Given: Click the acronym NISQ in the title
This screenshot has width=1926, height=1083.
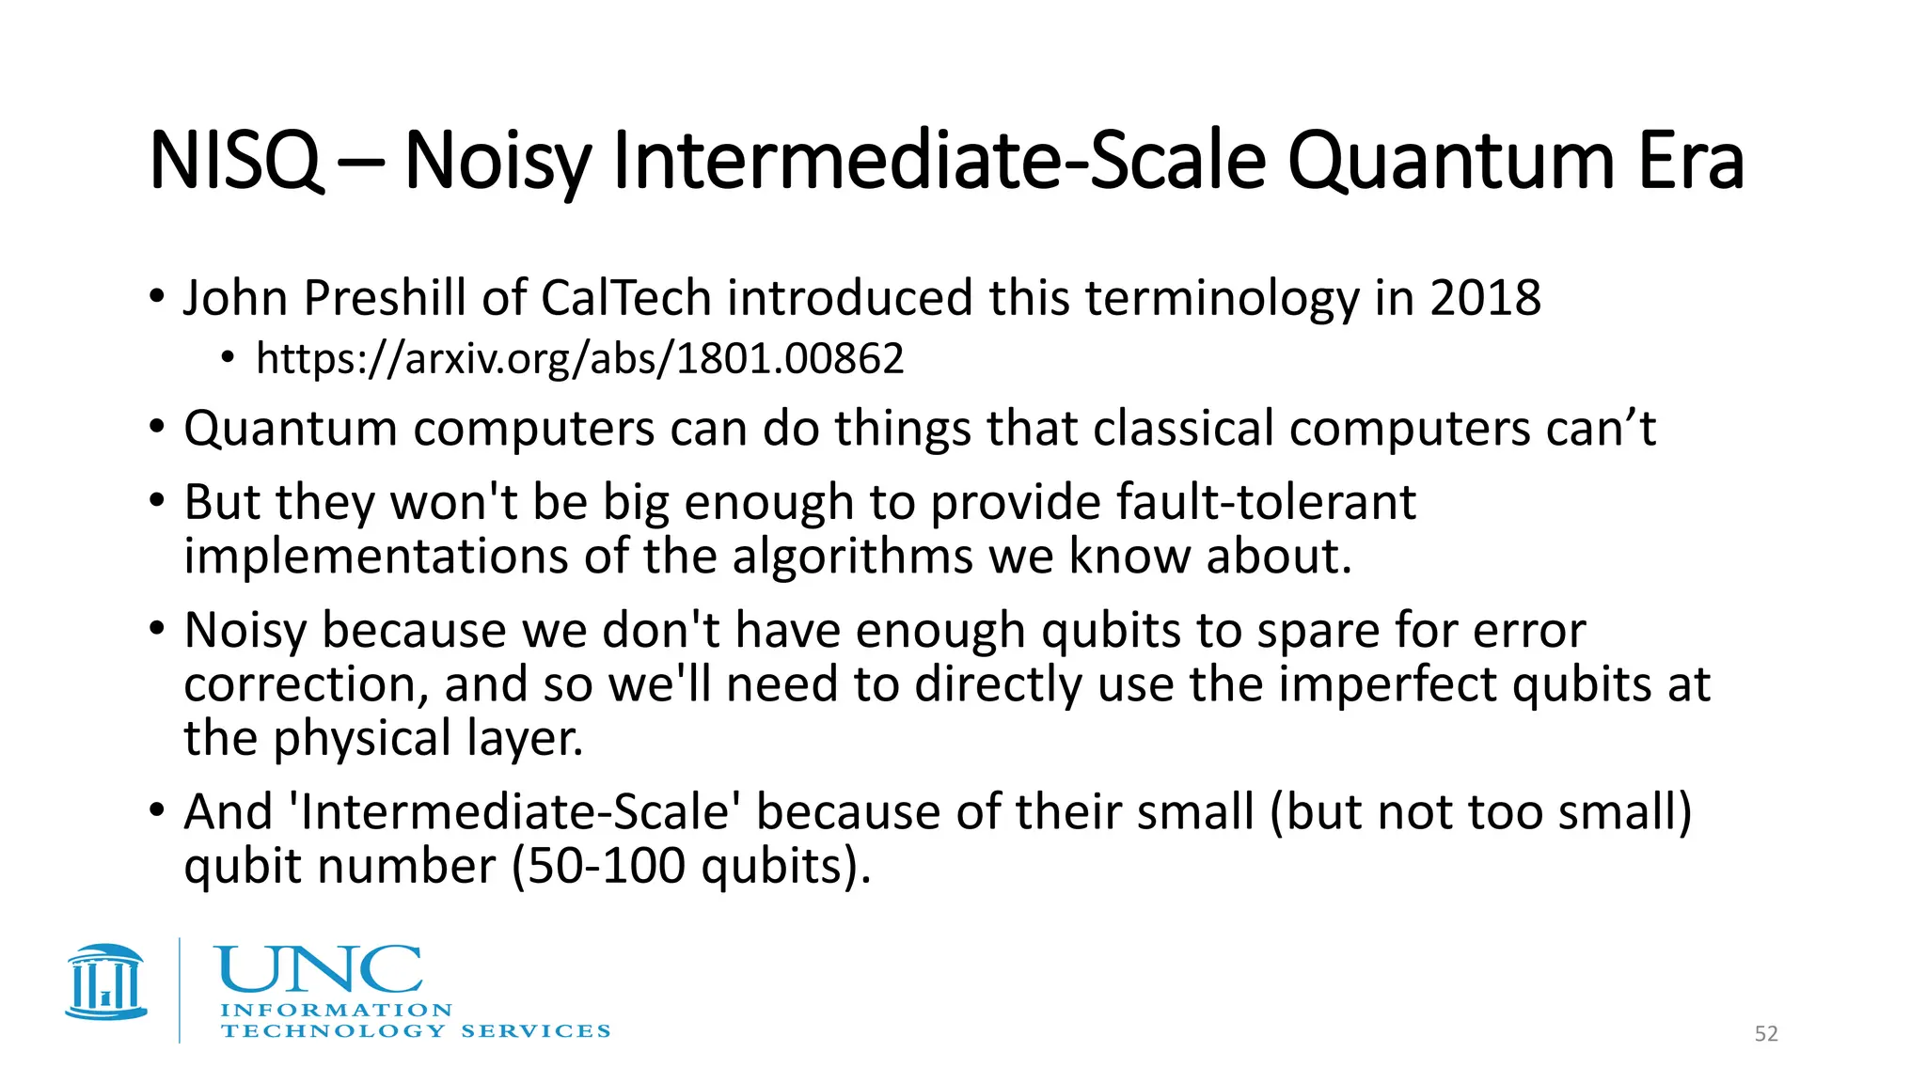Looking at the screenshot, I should click(x=235, y=162).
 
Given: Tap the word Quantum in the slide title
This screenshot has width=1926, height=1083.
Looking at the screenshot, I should click(x=1449, y=162).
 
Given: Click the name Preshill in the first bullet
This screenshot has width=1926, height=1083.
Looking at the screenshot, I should click(x=385, y=299).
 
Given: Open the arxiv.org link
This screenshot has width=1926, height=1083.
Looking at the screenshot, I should click(x=579, y=359).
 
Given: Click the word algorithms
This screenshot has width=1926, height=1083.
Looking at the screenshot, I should click(x=852, y=557).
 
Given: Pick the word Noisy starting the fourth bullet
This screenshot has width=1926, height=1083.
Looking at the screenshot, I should click(x=245, y=630).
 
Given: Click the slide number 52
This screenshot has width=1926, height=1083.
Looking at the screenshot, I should click(x=1766, y=1034).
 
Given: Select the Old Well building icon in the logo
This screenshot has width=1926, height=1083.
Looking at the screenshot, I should click(x=106, y=982).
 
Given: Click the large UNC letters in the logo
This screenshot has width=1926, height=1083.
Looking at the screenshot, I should click(x=319, y=970).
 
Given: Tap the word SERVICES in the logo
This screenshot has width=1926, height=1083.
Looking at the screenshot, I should click(x=536, y=1031).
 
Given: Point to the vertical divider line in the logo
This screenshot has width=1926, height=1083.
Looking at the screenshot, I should click(x=180, y=990).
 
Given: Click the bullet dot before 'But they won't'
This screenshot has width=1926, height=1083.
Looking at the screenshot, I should click(x=157, y=500).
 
